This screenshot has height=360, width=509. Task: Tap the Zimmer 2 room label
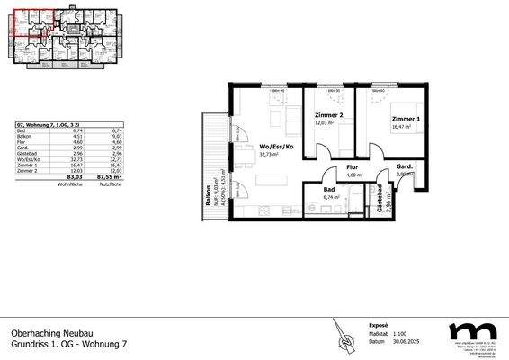(x=329, y=116)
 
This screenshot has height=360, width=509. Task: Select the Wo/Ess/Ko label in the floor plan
(x=276, y=146)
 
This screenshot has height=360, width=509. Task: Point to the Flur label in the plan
(x=353, y=168)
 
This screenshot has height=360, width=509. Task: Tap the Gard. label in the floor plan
(x=405, y=168)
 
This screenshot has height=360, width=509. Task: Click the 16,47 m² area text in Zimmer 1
(x=401, y=127)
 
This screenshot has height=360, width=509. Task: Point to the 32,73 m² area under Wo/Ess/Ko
(x=270, y=154)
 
